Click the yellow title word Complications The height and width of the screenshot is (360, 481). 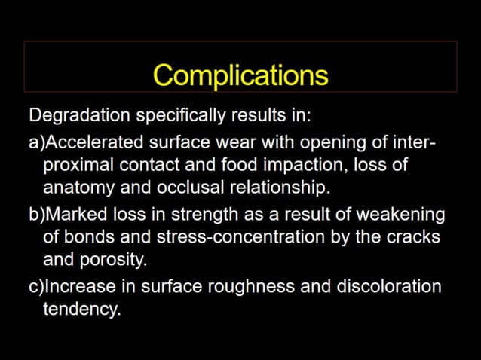tap(240, 75)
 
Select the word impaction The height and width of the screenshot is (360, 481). tap(305, 165)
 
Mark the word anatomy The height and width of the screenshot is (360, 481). tap(78, 186)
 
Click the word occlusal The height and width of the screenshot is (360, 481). tap(188, 186)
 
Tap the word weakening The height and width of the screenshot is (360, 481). tap(404, 215)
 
